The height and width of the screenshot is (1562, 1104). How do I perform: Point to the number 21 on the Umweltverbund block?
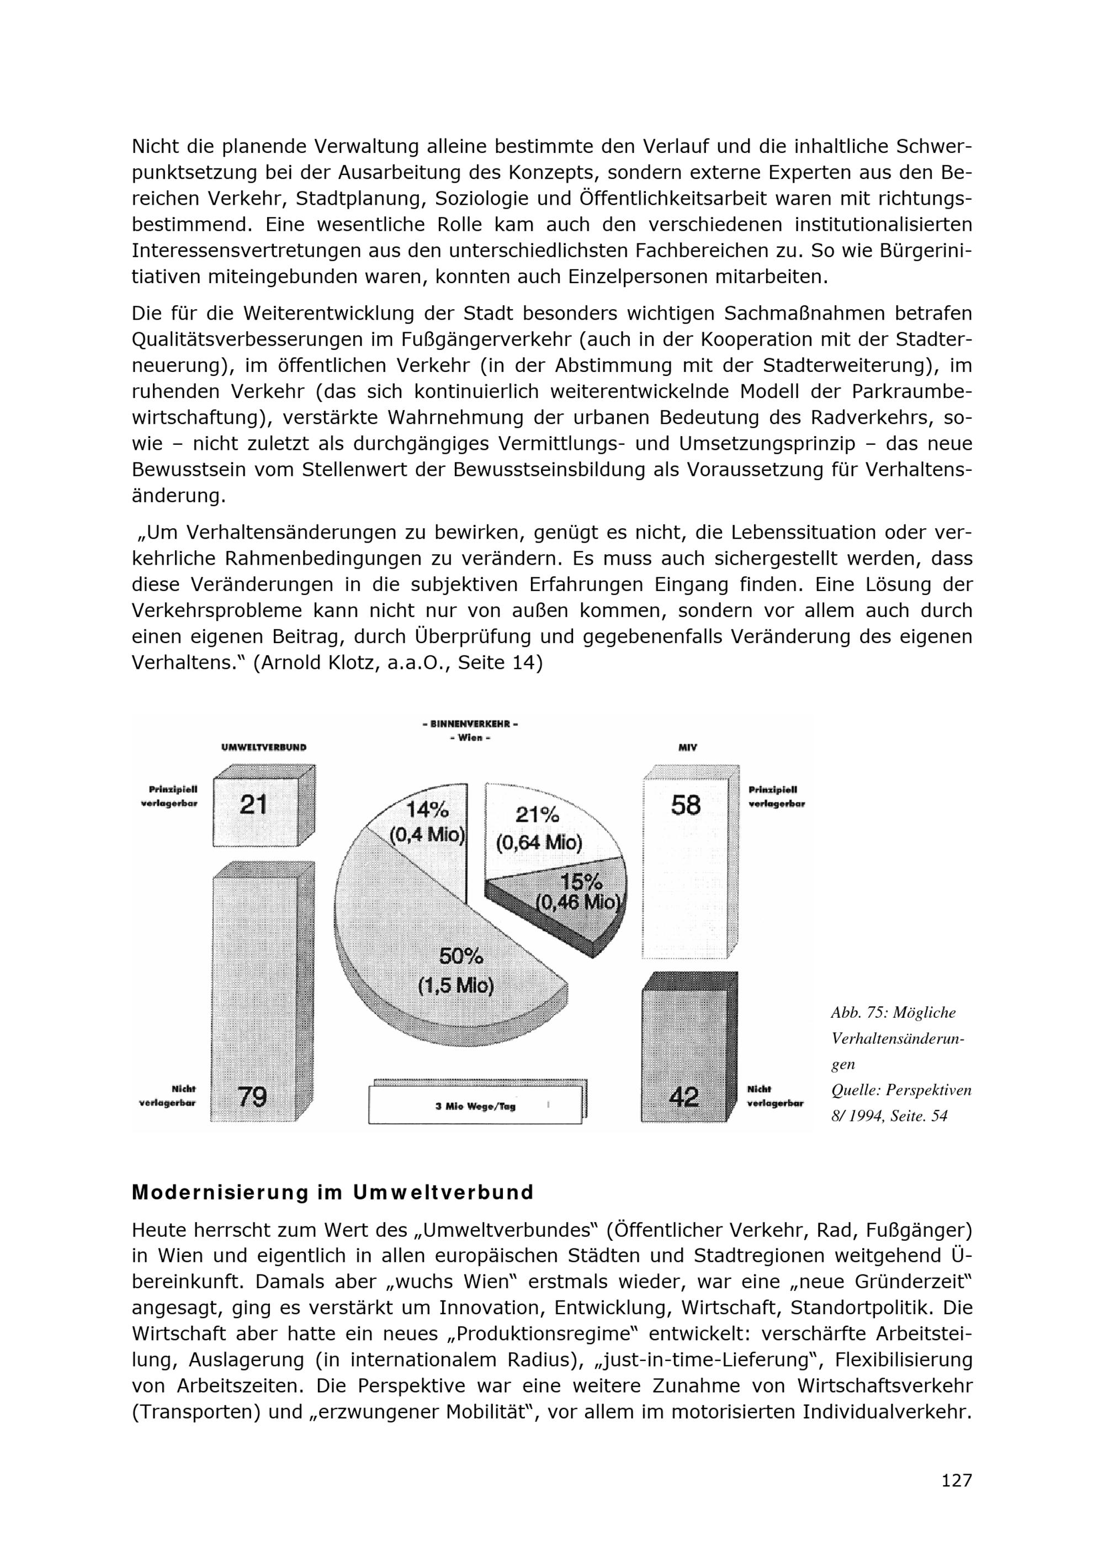coord(253,805)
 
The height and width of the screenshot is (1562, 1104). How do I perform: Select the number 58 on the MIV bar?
coord(685,805)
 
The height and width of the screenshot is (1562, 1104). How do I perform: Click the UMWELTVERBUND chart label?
coord(264,747)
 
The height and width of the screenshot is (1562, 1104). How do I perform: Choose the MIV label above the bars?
coord(688,747)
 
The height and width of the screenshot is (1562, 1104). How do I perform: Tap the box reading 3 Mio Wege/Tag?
coord(475,1106)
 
